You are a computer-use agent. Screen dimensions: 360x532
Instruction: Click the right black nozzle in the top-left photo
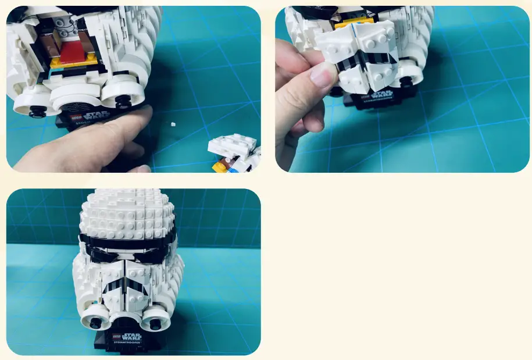[123, 101]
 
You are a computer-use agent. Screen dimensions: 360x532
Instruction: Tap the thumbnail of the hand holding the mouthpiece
[320, 74]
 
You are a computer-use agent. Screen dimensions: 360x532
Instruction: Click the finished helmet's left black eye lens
[107, 252]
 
